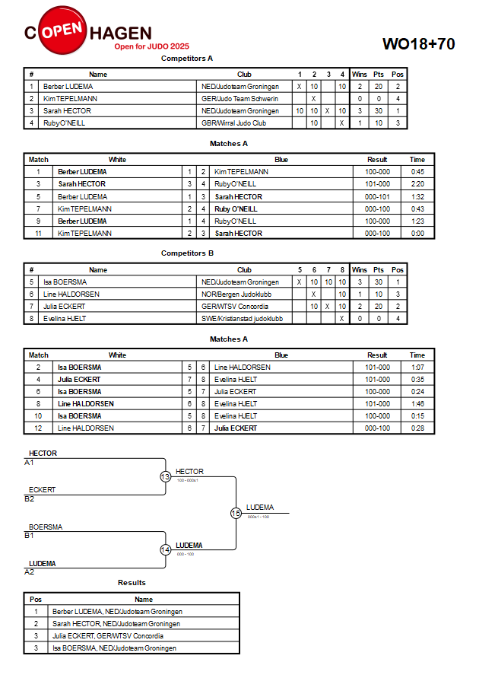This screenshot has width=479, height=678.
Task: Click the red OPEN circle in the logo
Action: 62,30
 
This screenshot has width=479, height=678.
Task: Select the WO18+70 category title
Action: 418,43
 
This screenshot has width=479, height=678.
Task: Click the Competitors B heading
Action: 187,253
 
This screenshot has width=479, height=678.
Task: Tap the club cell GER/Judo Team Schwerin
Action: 239,99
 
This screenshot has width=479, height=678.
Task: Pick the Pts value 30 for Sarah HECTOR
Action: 379,110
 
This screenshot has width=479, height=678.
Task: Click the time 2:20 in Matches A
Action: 417,184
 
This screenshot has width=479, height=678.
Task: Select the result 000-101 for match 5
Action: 377,197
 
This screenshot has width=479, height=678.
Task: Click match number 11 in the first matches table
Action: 38,233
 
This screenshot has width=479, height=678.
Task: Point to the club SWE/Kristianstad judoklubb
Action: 242,319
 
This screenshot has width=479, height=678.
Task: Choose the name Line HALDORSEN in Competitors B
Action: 71,294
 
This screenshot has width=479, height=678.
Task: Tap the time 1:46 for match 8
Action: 417,404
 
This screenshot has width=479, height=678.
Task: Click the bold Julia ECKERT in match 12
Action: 236,428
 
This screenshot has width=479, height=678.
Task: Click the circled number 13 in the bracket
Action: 166,476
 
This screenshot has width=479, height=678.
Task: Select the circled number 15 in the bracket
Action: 236,514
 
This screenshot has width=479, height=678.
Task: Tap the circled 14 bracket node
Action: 166,549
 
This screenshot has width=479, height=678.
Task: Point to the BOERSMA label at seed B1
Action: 46,527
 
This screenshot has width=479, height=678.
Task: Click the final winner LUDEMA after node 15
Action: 260,508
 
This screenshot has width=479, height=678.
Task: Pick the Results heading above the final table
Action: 132,582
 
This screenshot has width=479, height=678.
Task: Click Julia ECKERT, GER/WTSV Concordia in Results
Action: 108,635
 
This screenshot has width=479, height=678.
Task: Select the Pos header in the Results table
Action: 36,600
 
